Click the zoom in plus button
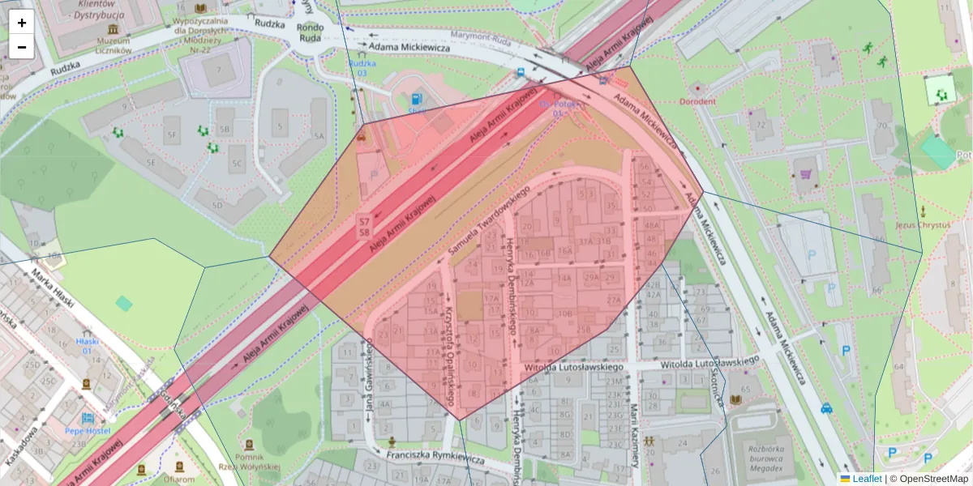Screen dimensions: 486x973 [22, 23]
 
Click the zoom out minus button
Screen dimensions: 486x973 [22, 47]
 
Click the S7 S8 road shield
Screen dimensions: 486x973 [364, 227]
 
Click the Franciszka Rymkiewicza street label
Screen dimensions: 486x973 [435, 458]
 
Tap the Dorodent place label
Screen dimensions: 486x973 [698, 101]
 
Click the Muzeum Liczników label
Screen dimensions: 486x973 [114, 45]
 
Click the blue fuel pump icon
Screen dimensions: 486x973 [417, 98]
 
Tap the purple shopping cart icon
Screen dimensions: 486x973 [805, 173]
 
